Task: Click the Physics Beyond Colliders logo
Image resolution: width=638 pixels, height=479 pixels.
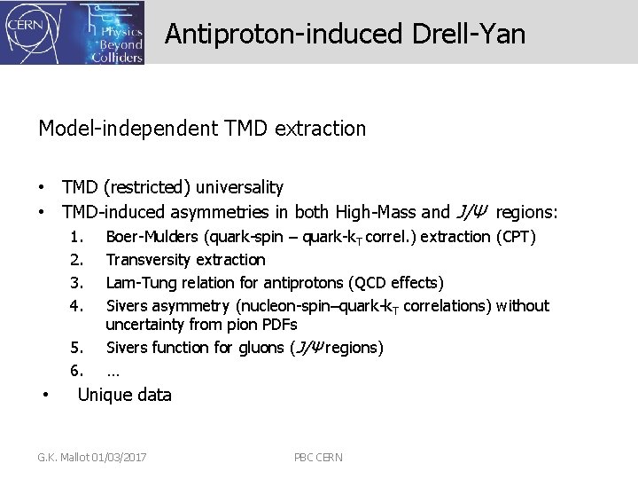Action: [x=111, y=33]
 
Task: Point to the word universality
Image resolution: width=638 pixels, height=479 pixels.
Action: [x=240, y=187]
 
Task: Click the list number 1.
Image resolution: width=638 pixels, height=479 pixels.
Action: [x=77, y=237]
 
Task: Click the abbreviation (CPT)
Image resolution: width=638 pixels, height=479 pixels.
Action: [x=516, y=237]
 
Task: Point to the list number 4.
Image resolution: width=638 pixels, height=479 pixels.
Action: [x=77, y=306]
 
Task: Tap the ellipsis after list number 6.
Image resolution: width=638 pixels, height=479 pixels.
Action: [x=113, y=370]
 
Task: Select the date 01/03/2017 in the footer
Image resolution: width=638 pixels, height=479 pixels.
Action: [x=118, y=457]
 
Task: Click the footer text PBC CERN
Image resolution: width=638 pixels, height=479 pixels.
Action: [x=318, y=457]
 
